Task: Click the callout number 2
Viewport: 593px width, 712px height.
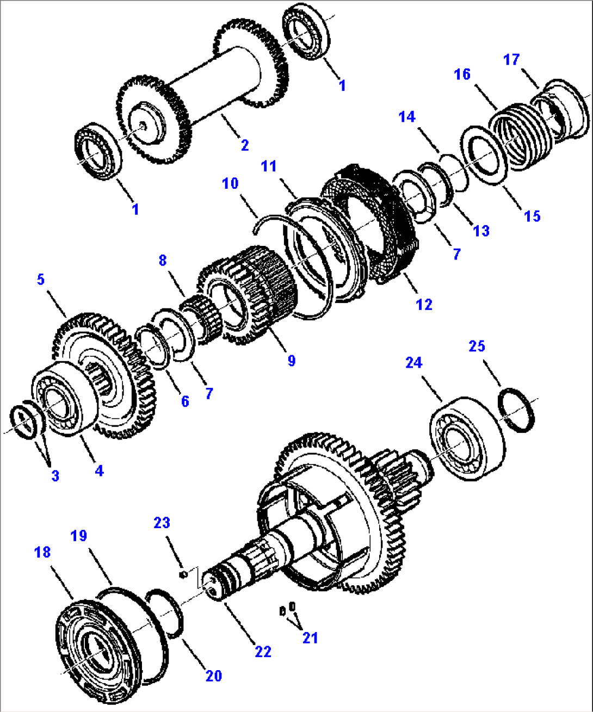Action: tap(245, 145)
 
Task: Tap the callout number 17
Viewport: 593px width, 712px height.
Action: tap(511, 59)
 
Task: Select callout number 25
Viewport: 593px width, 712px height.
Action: tap(477, 346)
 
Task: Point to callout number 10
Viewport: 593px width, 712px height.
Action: tap(230, 183)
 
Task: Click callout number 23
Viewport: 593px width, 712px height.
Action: tap(162, 523)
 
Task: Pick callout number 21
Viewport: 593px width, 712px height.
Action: tap(310, 637)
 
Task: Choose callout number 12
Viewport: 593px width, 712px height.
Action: tap(424, 305)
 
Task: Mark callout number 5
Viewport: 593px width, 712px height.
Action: tap(41, 280)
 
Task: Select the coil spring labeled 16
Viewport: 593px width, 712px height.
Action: tap(522, 136)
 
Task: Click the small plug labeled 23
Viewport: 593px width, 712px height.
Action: tap(184, 573)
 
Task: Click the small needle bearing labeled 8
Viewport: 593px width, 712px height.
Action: tap(200, 321)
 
